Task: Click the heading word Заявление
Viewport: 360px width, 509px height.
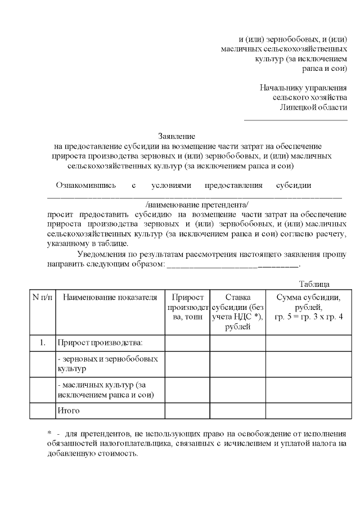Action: [176, 136]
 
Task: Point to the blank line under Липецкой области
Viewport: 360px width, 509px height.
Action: [295, 119]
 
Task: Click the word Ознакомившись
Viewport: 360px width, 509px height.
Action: [85, 185]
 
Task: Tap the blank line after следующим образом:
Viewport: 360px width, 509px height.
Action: [233, 264]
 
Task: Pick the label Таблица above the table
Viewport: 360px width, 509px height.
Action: [314, 284]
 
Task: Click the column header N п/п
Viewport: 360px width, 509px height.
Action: [42, 298]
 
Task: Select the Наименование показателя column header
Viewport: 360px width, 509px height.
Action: [110, 298]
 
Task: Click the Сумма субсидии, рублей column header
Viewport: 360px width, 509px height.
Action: [308, 307]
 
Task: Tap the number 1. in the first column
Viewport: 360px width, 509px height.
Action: [42, 342]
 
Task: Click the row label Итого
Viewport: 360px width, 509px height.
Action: [68, 411]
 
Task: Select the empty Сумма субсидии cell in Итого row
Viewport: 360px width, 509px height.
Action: [308, 411]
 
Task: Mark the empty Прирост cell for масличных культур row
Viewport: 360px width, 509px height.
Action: [187, 390]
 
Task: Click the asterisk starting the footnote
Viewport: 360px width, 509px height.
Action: [49, 434]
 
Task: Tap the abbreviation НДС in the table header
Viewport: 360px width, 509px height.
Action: [241, 317]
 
